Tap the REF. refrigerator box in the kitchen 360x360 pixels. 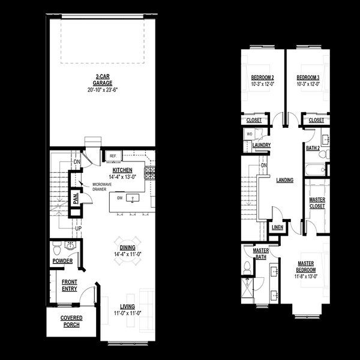pyautogui.click(x=112, y=157)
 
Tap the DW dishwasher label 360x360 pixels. pyautogui.click(x=120, y=197)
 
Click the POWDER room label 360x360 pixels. pyautogui.click(x=62, y=261)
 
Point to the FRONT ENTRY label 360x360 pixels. pyautogui.click(x=69, y=286)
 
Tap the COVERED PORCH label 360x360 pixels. pyautogui.click(x=71, y=322)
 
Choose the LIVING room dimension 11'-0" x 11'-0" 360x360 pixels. pyautogui.click(x=127, y=313)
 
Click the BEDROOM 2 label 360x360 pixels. pyautogui.click(x=262, y=78)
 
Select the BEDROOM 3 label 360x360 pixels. pyautogui.click(x=308, y=78)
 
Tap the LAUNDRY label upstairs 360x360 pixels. pyautogui.click(x=262, y=145)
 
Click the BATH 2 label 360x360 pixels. pyautogui.click(x=312, y=147)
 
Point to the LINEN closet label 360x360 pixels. pyautogui.click(x=277, y=228)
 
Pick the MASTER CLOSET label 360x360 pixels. pyautogui.click(x=317, y=203)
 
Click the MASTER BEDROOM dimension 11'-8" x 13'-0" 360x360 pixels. pyautogui.click(x=305, y=277)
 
